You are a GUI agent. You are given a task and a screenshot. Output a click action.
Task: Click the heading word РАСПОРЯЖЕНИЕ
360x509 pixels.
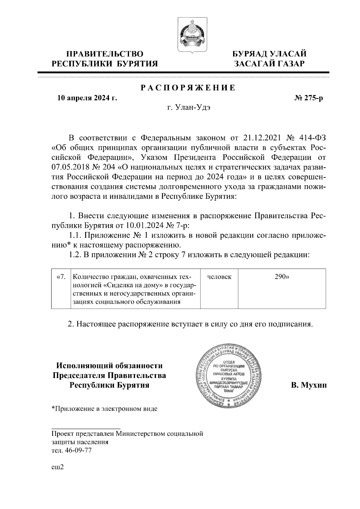(188, 88)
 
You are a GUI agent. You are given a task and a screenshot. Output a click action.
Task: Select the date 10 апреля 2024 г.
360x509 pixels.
(87, 98)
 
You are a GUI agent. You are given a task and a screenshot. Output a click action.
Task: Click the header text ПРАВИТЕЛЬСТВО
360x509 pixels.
(105, 54)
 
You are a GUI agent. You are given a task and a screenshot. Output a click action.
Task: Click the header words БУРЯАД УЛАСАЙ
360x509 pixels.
(270, 54)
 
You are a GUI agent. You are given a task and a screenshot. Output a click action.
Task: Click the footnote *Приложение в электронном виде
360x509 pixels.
(104, 409)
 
